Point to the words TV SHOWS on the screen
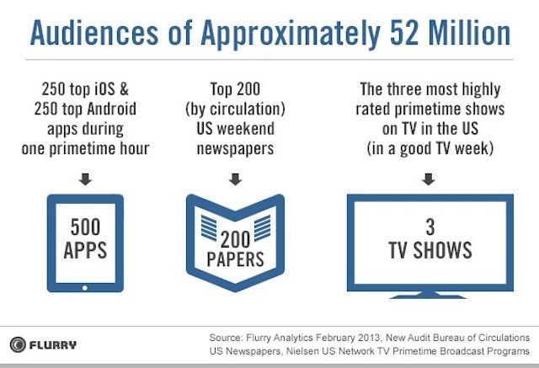(x=430, y=251)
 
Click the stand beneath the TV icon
(x=430, y=294)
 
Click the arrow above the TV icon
(x=429, y=178)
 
